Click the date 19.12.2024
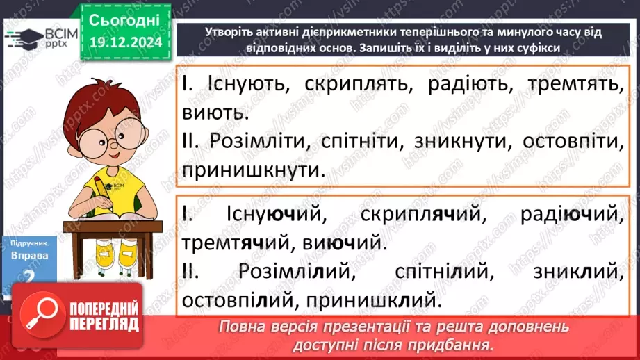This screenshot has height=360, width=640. coord(125,42)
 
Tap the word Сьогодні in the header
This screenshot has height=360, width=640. coord(125,19)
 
